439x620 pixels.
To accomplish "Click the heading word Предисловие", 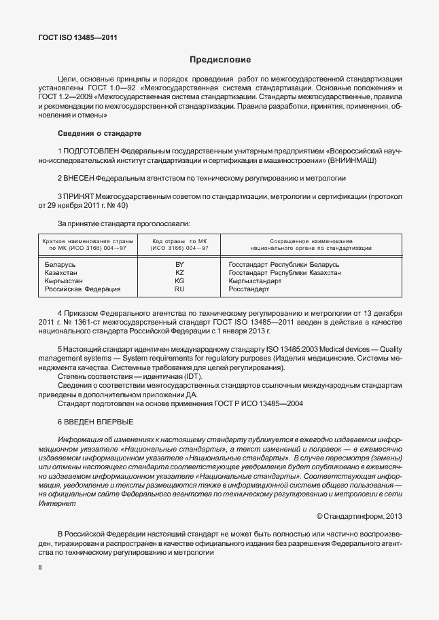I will click(x=219, y=60).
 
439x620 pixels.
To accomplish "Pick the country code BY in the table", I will click(x=179, y=263).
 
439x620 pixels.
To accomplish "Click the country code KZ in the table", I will click(x=179, y=272).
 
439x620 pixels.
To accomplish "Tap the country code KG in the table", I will click(x=179, y=280).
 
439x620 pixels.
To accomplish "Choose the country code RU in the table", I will click(x=179, y=289).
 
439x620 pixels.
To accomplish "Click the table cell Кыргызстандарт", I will click(x=255, y=280).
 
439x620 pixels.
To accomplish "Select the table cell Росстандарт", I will click(x=249, y=289).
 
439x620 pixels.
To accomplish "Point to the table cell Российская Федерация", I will click(x=82, y=289).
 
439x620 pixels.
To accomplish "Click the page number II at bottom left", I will click(x=40, y=566).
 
